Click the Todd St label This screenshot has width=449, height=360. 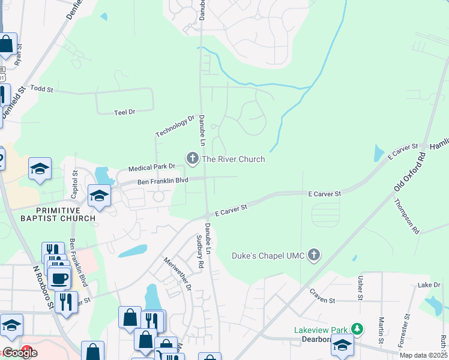(x=42, y=89)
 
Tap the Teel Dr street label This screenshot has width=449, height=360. (x=125, y=112)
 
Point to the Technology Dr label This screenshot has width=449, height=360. (x=175, y=126)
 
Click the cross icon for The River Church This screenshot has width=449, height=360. (x=193, y=159)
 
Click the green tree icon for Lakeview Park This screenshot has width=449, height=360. (x=358, y=329)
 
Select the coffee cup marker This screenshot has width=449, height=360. (x=59, y=278)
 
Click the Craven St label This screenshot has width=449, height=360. (x=321, y=292)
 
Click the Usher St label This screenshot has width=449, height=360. (x=360, y=288)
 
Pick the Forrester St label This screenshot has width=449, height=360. (x=406, y=327)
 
